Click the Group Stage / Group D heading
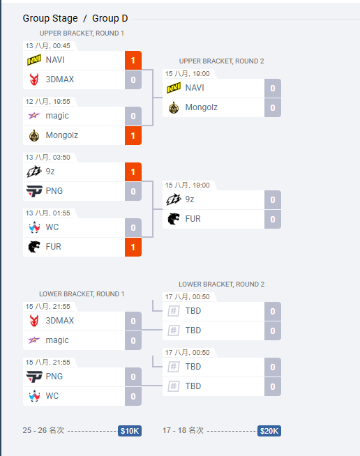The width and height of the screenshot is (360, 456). tap(75, 18)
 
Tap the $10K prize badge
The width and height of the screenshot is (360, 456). tap(130, 431)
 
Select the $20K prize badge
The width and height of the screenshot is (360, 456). tap(269, 431)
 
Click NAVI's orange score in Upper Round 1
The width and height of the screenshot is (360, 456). tap(133, 60)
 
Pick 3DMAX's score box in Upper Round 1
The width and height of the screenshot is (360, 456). tap(133, 79)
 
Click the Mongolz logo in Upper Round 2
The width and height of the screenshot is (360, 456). tap(174, 107)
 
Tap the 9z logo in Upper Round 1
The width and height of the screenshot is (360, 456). tap(34, 172)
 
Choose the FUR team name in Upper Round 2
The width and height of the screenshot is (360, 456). tap(193, 219)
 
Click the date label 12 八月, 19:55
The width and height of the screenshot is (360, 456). tap(47, 102)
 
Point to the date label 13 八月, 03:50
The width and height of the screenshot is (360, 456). tap(47, 158)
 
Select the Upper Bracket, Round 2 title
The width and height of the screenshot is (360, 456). tap(221, 61)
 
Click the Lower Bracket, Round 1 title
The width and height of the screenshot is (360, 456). tap(82, 294)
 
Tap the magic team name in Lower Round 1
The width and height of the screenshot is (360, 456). tap(57, 340)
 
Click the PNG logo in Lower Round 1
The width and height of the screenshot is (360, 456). tap(34, 377)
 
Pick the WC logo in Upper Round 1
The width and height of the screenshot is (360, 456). tap(34, 227)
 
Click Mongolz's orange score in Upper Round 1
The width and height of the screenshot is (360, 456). tap(133, 135)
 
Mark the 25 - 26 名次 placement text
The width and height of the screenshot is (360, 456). tap(43, 430)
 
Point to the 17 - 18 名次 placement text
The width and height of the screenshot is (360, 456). tap(183, 430)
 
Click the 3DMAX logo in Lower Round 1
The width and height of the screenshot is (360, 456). tap(34, 321)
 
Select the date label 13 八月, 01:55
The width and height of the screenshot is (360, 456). tap(47, 213)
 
